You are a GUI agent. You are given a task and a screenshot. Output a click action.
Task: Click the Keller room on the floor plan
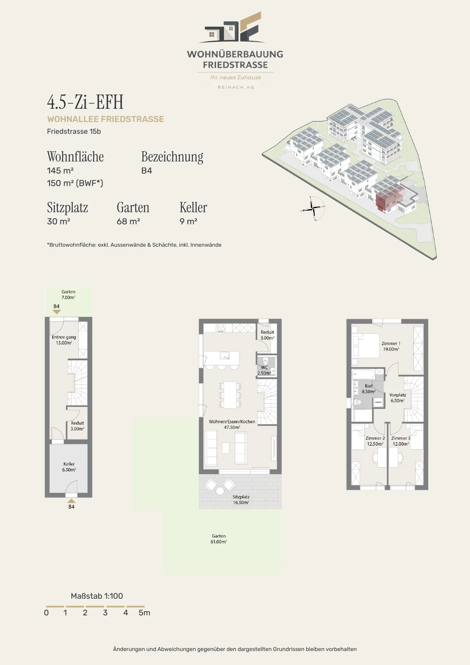pyautogui.click(x=69, y=468)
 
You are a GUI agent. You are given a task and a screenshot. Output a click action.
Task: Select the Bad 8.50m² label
pyautogui.click(x=369, y=389)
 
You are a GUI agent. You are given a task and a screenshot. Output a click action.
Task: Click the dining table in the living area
pyautogui.click(x=230, y=395)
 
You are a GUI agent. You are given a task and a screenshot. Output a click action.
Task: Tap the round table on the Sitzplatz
pyautogui.click(x=220, y=491)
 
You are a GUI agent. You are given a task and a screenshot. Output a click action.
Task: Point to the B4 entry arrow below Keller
pyautogui.click(x=71, y=501)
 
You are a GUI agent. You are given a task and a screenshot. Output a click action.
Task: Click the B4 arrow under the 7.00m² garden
pyautogui.click(x=57, y=312)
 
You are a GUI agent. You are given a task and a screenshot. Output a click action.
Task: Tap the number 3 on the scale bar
pyautogui.click(x=105, y=613)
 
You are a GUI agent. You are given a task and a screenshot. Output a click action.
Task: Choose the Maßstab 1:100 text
pyautogui.click(x=97, y=596)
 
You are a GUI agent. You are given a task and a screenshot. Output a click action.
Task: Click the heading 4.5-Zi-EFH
pyautogui.click(x=85, y=102)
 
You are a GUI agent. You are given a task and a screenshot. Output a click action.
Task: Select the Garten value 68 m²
pyautogui.click(x=128, y=221)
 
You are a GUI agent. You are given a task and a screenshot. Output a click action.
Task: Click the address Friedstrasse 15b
pyautogui.click(x=74, y=131)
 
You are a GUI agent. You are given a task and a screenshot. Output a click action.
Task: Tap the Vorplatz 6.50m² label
pyautogui.click(x=398, y=397)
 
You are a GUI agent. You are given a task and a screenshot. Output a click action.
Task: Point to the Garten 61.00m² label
pyautogui.click(x=219, y=539)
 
